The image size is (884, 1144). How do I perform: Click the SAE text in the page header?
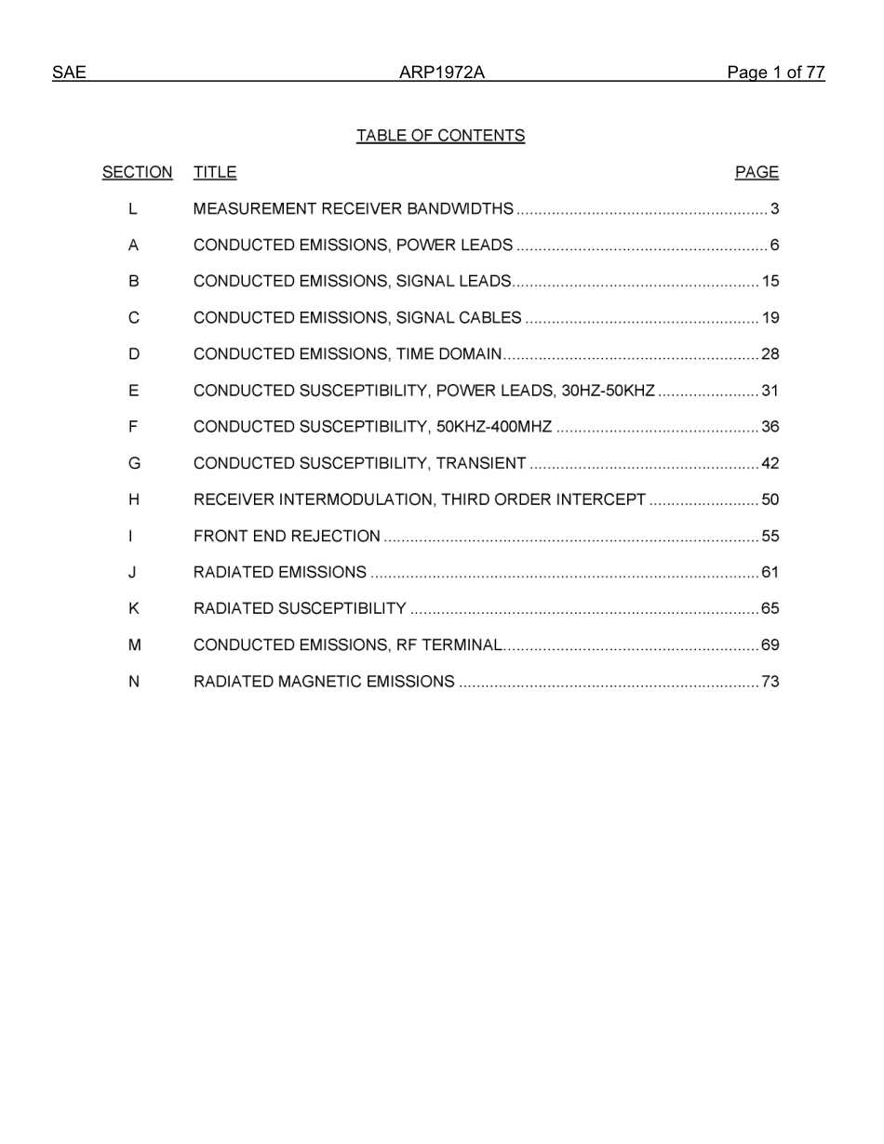(x=69, y=73)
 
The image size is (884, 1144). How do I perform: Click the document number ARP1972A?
(x=442, y=73)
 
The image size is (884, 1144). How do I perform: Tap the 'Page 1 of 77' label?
(x=775, y=73)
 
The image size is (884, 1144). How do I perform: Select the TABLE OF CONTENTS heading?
(x=440, y=136)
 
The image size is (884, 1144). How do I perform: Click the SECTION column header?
(x=137, y=172)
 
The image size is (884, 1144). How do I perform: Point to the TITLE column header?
(x=215, y=172)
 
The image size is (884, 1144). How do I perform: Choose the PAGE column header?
(x=757, y=172)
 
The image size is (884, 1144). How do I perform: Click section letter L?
(x=134, y=208)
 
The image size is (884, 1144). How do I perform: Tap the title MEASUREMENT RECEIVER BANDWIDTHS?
(x=353, y=208)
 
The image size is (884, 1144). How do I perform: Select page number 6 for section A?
(x=774, y=245)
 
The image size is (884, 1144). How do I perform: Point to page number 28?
(x=770, y=354)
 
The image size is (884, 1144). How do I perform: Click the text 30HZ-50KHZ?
(x=609, y=391)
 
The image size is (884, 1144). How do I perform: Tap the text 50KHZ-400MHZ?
(x=493, y=427)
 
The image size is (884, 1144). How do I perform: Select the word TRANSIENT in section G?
(x=481, y=463)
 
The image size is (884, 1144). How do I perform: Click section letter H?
(x=134, y=499)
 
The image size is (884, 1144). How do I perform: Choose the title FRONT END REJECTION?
(x=287, y=536)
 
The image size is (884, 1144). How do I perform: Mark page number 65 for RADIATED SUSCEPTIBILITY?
(x=770, y=609)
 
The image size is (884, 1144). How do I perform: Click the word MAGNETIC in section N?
(x=320, y=682)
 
